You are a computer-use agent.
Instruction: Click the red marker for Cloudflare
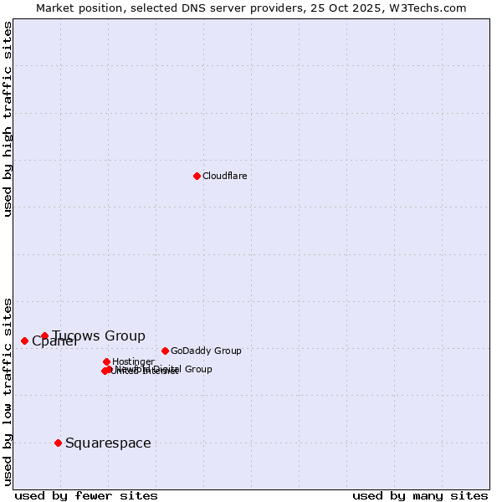pyautogui.click(x=197, y=176)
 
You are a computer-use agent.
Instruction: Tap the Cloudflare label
pyautogui.click(x=224, y=176)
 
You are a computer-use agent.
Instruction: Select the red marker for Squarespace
pyautogui.click(x=58, y=443)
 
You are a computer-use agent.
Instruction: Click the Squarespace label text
pyautogui.click(x=108, y=443)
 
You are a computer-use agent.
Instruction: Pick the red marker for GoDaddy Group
pyautogui.click(x=165, y=351)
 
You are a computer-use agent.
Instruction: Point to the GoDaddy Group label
pyautogui.click(x=206, y=351)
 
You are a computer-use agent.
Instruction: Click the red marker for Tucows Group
pyautogui.click(x=44, y=336)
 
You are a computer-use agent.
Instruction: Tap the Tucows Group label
pyautogui.click(x=99, y=336)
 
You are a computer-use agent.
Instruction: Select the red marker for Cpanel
pyautogui.click(x=24, y=341)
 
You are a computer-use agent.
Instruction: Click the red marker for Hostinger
pyautogui.click(x=106, y=361)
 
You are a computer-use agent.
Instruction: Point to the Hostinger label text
pyautogui.click(x=133, y=361)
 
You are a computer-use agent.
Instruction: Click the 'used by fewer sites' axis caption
pyautogui.click(x=86, y=495)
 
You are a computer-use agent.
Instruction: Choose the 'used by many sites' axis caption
pyautogui.click(x=420, y=495)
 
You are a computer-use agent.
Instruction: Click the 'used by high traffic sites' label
pyautogui.click(x=8, y=119)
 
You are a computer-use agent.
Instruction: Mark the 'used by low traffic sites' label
pyautogui.click(x=8, y=392)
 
